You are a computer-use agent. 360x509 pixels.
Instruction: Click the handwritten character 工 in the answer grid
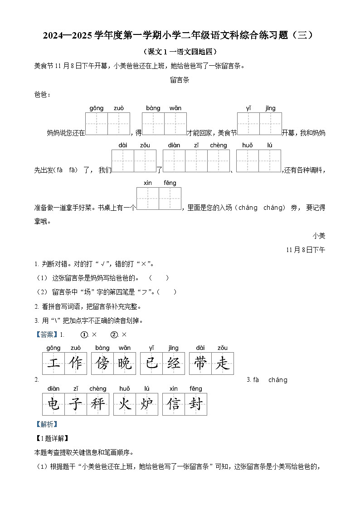[54, 364]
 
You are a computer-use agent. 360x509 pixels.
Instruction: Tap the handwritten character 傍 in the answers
[102, 364]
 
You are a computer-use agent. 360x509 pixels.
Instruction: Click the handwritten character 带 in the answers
[200, 364]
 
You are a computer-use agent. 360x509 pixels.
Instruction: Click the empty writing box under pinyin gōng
[97, 124]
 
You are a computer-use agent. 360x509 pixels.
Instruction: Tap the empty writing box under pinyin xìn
[148, 199]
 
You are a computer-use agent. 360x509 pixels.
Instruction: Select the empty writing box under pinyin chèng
[219, 161]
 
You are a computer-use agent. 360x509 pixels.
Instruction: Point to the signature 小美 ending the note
[319, 236]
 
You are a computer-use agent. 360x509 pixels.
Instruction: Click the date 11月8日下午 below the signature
[306, 250]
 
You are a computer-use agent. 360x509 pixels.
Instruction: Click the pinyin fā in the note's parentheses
[73, 170]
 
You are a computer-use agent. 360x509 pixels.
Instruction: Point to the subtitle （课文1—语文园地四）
[180, 52]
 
